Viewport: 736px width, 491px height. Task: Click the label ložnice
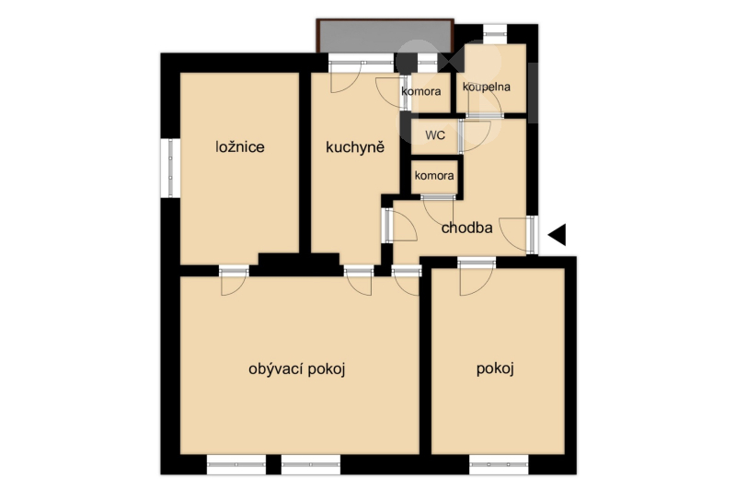(x=240, y=147)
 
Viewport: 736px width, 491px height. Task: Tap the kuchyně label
(x=355, y=147)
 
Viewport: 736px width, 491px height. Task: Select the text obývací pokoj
(x=296, y=369)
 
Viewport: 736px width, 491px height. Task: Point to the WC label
(x=435, y=135)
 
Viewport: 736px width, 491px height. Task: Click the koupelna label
(x=487, y=87)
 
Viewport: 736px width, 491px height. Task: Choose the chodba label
(x=467, y=228)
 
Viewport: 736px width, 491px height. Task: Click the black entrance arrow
(x=558, y=235)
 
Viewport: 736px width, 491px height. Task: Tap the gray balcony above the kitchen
(x=385, y=36)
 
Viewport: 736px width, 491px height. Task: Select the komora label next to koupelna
(x=421, y=91)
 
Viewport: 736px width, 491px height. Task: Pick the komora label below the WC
(x=434, y=176)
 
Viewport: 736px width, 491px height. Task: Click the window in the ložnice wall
(x=170, y=168)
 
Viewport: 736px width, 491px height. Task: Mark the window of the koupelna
(x=495, y=34)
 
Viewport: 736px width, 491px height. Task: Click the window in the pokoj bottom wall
(x=499, y=464)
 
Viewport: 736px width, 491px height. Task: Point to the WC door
(x=475, y=136)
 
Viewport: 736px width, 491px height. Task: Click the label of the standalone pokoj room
(x=495, y=368)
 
